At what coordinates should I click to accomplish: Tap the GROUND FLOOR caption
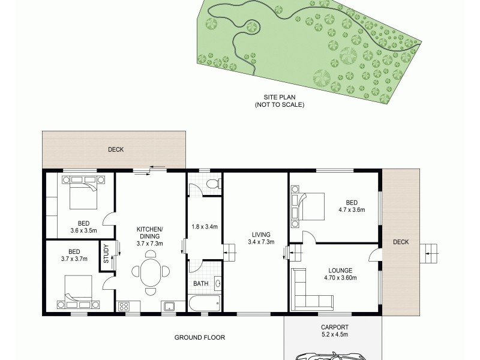click(200, 338)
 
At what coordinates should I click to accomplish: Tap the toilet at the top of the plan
click(210, 185)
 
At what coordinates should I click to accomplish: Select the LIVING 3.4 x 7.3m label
click(261, 238)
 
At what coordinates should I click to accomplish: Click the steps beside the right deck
click(428, 250)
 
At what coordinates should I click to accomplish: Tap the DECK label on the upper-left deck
click(116, 149)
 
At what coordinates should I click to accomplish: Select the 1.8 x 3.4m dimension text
click(204, 227)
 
